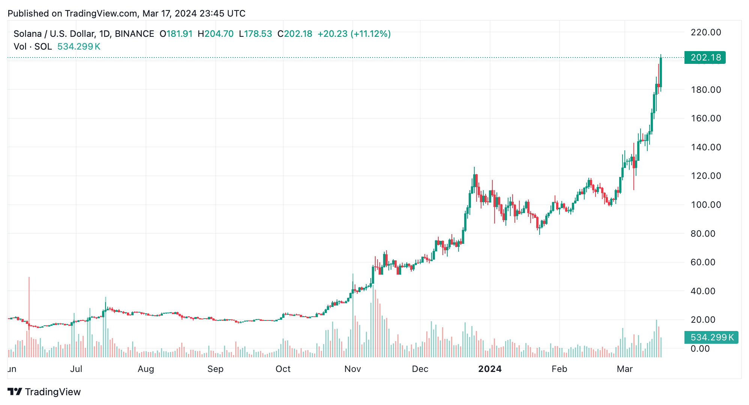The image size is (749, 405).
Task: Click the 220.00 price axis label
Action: coord(706,32)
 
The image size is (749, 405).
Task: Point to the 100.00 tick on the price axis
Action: coord(706,205)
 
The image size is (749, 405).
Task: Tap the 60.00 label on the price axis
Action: coord(703,262)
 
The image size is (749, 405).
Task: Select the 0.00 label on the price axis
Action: coord(700,349)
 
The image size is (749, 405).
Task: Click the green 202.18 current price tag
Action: coord(705,57)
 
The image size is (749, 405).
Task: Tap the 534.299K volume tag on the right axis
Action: coord(711,337)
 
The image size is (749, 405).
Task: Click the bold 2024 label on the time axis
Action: coord(490,369)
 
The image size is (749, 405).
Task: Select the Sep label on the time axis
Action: coord(215,369)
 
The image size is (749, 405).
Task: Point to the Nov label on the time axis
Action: coord(352,369)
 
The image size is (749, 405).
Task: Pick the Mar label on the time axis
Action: coord(625,369)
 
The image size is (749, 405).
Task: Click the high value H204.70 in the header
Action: coord(215,34)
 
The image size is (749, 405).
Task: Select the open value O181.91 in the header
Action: coord(176,34)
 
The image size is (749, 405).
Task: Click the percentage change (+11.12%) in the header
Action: coord(370,34)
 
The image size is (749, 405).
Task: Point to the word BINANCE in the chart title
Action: coord(134,34)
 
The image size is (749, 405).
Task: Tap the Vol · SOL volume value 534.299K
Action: coord(79,47)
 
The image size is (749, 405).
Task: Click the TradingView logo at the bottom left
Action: coord(44,392)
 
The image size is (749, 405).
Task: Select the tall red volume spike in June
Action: coord(29,316)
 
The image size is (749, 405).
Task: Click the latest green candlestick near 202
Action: coord(661,72)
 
